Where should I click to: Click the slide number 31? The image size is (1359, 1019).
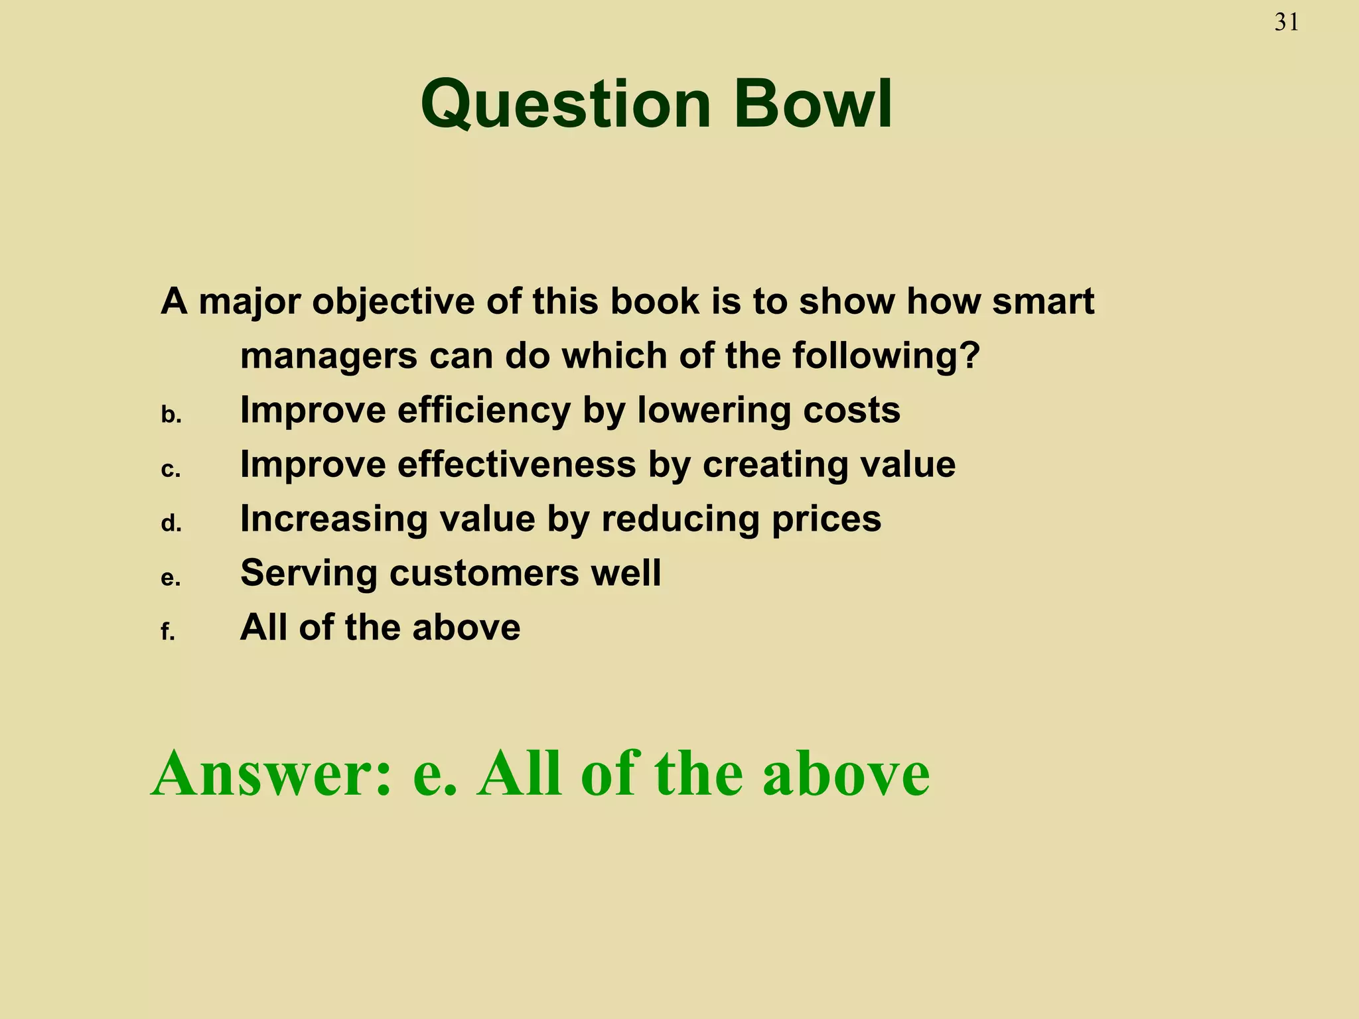point(1287,23)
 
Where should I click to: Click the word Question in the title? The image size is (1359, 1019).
point(566,105)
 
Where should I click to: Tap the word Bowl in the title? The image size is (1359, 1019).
point(813,105)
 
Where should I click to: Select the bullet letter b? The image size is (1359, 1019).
point(171,416)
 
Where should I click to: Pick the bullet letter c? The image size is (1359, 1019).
point(171,470)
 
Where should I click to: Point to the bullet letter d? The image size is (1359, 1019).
point(171,525)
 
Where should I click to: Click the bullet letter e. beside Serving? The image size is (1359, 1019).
point(171,578)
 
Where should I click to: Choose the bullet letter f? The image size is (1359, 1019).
point(167,632)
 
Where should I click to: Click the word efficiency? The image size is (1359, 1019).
point(484,411)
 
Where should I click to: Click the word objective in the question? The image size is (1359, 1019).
point(393,302)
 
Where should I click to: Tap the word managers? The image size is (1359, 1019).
point(328,356)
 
